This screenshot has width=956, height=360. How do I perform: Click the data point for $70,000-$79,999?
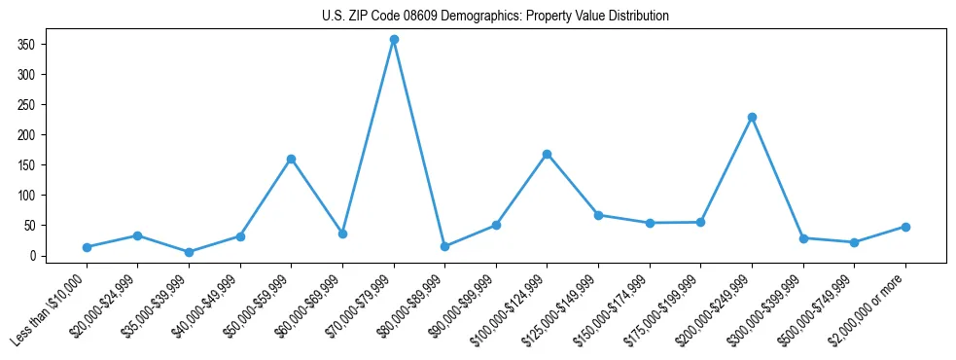(394, 40)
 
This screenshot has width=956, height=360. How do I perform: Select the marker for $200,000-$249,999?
(752, 117)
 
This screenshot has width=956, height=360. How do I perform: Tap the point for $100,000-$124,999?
(548, 154)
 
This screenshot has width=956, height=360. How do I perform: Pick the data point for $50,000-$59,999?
(291, 159)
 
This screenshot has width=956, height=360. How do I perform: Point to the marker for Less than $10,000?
(87, 247)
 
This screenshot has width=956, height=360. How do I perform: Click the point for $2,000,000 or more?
(905, 227)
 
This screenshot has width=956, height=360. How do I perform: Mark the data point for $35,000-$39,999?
(189, 252)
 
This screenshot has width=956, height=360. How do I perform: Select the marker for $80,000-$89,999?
(444, 246)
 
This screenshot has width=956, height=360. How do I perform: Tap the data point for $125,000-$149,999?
(598, 215)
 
